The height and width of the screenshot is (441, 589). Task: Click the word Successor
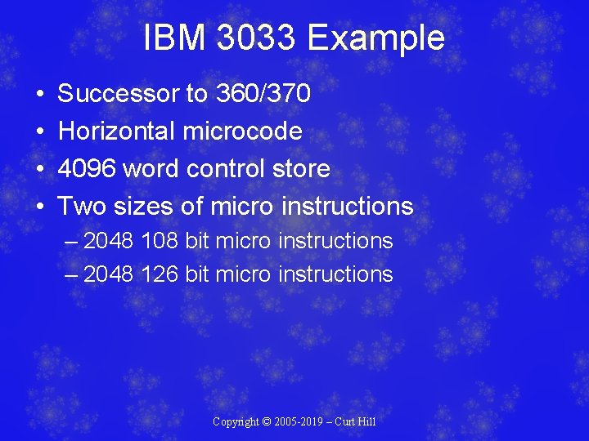(119, 94)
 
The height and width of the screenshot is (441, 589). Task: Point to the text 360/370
(263, 94)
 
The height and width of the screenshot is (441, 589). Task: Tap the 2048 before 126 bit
(109, 274)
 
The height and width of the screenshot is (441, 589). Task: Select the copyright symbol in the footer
(267, 421)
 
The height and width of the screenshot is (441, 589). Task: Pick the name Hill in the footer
(366, 421)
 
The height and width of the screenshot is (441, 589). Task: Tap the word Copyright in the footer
(236, 421)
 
